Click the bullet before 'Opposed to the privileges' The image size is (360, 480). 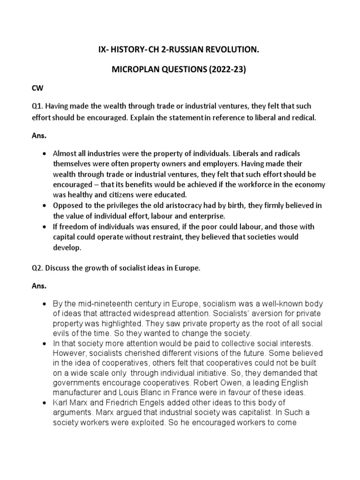point(44,206)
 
